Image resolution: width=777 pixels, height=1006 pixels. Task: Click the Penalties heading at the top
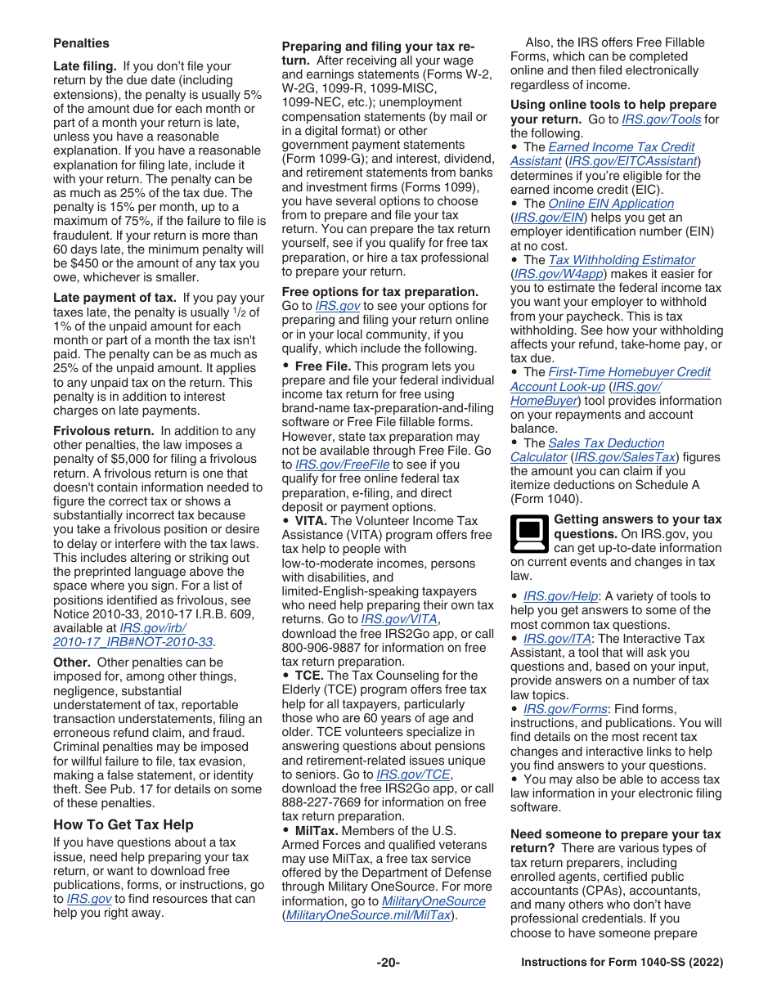click(x=81, y=43)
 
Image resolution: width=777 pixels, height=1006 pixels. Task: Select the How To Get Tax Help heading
click(x=124, y=824)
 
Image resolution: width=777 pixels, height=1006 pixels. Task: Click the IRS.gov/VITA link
click(x=399, y=620)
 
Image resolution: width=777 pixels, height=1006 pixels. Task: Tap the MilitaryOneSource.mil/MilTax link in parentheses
click(x=368, y=915)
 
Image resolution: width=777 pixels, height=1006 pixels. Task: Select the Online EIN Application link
click(x=611, y=204)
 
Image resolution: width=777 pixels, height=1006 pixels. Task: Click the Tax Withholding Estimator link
click(x=622, y=260)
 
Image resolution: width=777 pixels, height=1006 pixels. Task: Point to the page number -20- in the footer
click(x=388, y=963)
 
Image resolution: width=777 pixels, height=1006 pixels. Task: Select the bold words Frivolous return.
click(x=103, y=431)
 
